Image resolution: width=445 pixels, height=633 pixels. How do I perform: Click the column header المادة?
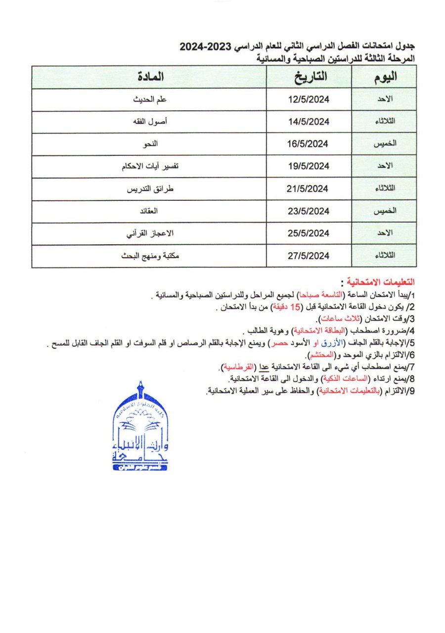pyautogui.click(x=149, y=77)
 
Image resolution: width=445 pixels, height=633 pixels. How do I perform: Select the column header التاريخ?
pyautogui.click(x=309, y=77)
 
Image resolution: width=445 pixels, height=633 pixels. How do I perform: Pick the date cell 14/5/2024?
pyautogui.click(x=309, y=122)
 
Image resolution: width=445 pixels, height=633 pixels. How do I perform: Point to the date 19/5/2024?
pyautogui.click(x=309, y=166)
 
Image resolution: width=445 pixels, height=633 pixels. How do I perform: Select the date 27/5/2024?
pyautogui.click(x=309, y=256)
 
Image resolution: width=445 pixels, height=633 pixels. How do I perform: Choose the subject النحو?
pyautogui.click(x=150, y=144)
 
